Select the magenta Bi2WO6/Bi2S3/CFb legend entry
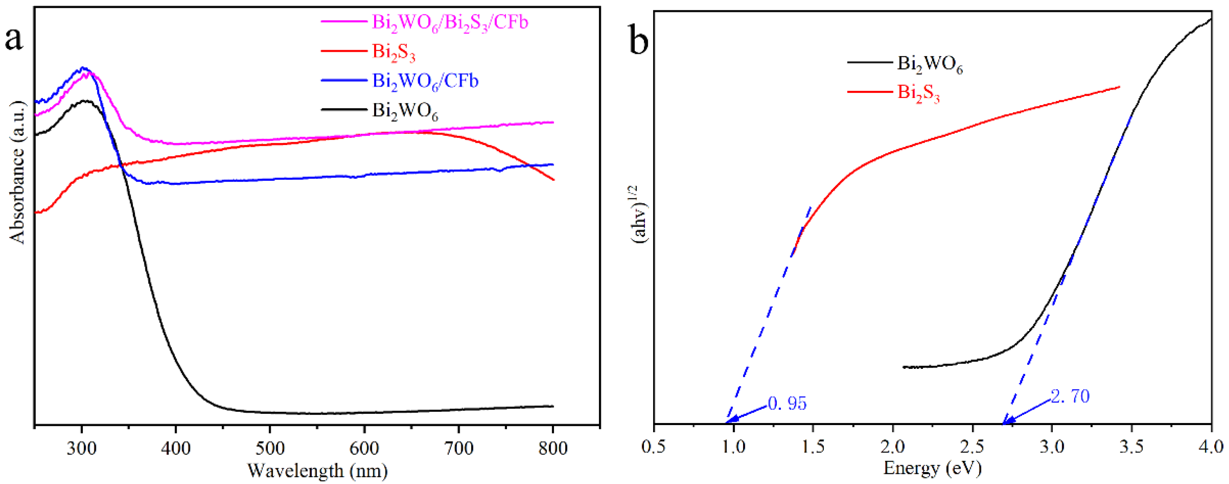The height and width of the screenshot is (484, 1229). [449, 22]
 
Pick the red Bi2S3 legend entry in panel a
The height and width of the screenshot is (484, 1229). [393, 51]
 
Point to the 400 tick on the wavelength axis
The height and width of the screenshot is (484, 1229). [176, 448]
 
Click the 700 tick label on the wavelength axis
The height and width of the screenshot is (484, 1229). [458, 448]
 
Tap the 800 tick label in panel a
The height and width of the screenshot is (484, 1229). [552, 448]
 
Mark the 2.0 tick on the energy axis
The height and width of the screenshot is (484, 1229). [893, 446]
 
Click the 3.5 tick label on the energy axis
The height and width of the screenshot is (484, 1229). [1131, 446]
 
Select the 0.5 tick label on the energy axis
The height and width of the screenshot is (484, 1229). [654, 446]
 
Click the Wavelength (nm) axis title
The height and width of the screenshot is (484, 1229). [317, 471]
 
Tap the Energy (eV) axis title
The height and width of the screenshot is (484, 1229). [932, 467]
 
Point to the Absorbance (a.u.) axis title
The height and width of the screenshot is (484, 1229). [17, 172]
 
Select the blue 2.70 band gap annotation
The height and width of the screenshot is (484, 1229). [1070, 396]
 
